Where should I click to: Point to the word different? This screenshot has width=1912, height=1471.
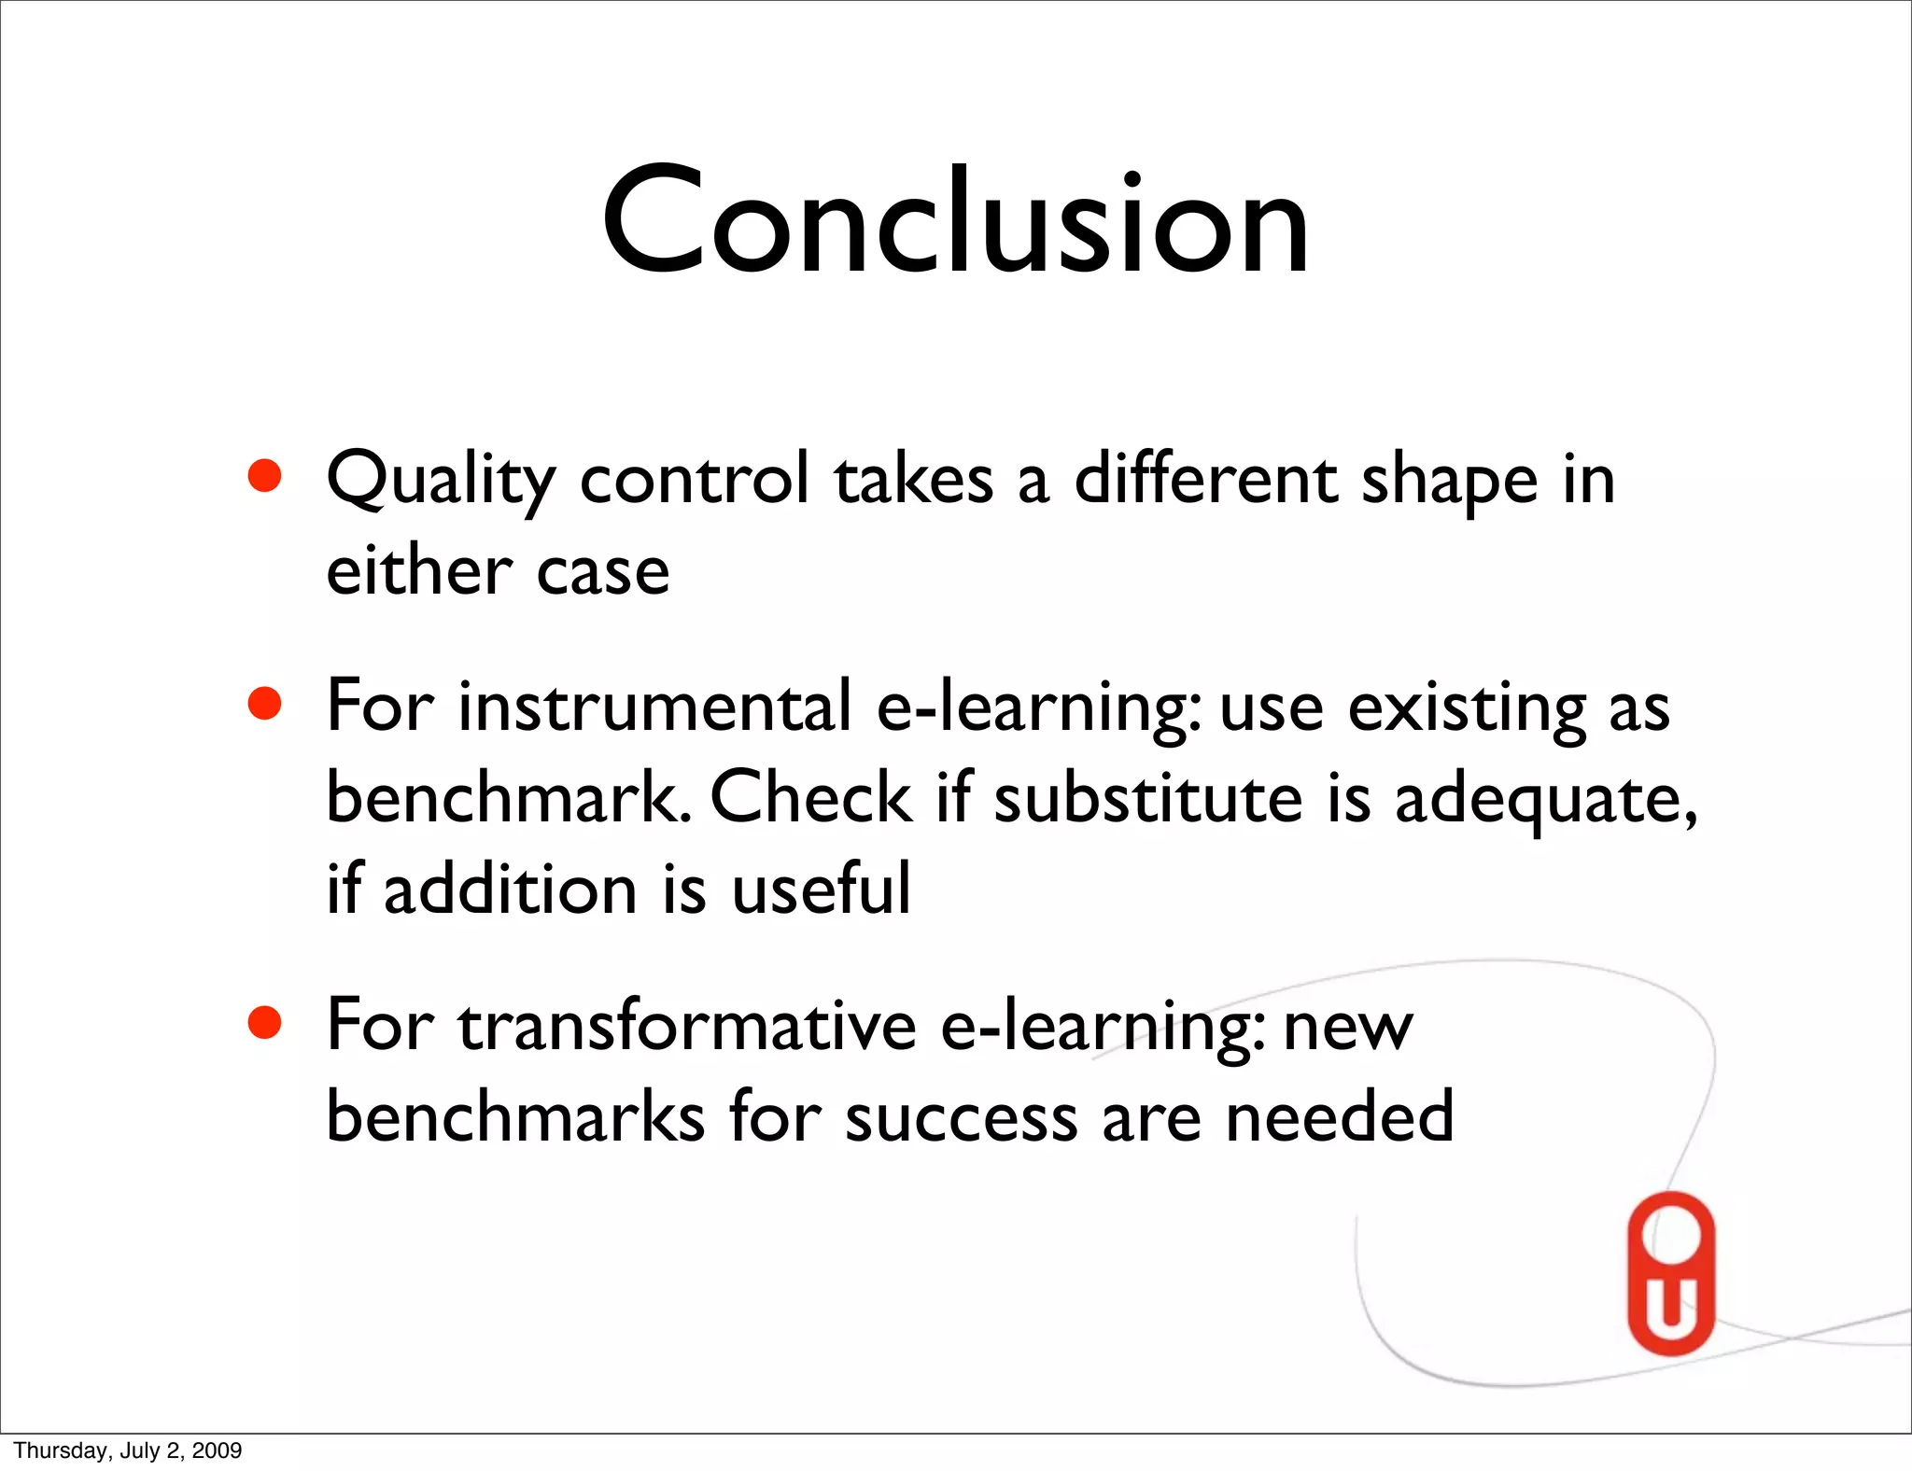[1205, 480]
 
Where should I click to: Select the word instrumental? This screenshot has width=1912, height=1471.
[654, 707]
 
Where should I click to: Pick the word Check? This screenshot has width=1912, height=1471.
[811, 799]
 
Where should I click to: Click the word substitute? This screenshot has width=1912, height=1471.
[1147, 799]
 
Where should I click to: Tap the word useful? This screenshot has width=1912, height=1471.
[821, 889]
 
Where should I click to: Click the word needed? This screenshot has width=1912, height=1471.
[1339, 1116]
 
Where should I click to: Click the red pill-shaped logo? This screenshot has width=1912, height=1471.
[1671, 1273]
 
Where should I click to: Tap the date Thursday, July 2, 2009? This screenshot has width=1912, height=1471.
[128, 1450]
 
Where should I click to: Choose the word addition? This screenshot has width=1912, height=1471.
[510, 889]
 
